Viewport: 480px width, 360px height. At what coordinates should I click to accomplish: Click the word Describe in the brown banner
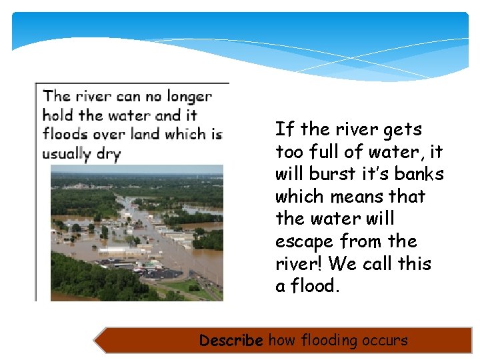(231, 341)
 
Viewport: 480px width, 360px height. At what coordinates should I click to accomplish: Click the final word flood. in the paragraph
(313, 286)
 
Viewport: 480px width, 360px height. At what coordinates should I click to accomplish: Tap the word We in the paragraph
(343, 263)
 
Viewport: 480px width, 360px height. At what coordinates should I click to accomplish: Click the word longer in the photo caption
(189, 97)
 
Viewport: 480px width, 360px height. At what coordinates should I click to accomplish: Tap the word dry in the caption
(108, 154)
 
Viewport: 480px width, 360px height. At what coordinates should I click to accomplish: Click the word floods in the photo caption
(65, 134)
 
